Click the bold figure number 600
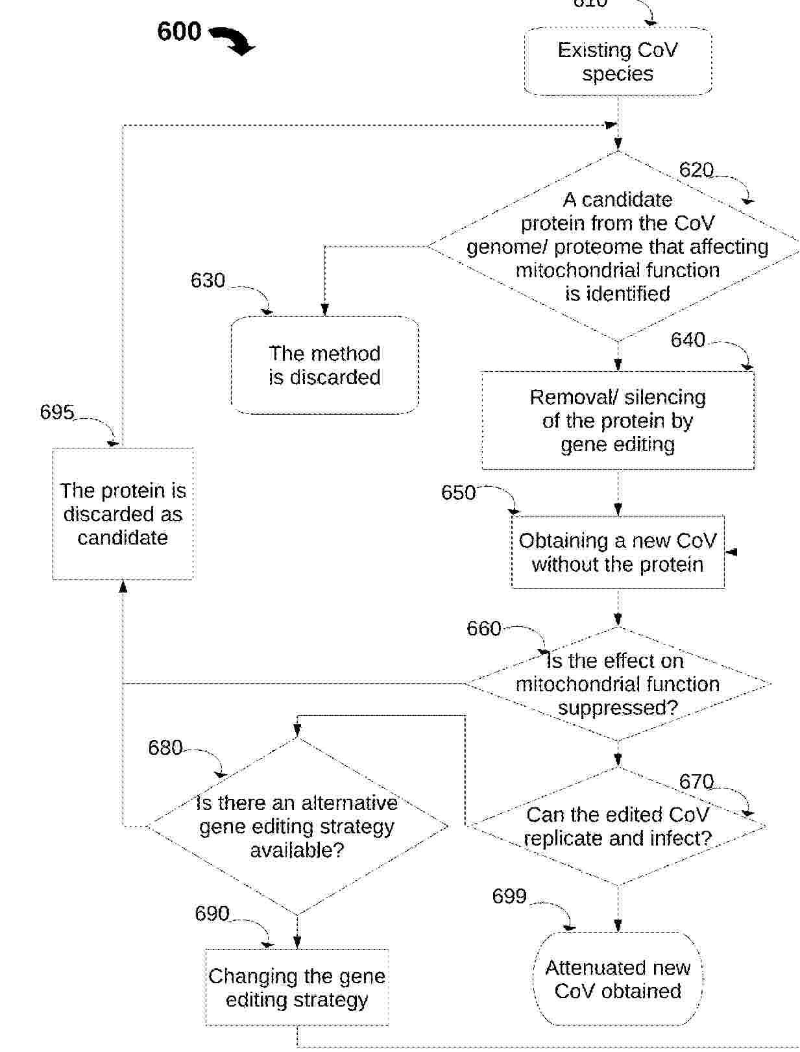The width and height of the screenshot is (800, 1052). pyautogui.click(x=179, y=31)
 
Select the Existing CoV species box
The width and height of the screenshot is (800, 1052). pyautogui.click(x=618, y=62)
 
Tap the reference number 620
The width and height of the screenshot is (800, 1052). pyautogui.click(x=696, y=170)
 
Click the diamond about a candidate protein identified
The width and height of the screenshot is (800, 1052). pyautogui.click(x=618, y=246)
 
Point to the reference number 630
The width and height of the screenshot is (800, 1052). pyautogui.click(x=208, y=280)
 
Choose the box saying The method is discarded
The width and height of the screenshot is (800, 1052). pyautogui.click(x=324, y=365)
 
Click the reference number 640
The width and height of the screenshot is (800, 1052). pyautogui.click(x=688, y=340)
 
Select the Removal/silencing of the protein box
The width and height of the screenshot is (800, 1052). pyautogui.click(x=618, y=421)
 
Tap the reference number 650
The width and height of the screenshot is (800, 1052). pyautogui.click(x=458, y=493)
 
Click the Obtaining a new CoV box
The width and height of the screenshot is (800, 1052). pyautogui.click(x=618, y=552)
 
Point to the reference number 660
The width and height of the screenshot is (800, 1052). pyautogui.click(x=484, y=628)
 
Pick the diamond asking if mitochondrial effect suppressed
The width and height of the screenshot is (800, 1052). pyautogui.click(x=618, y=684)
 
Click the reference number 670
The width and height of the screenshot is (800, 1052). pyautogui.click(x=696, y=782)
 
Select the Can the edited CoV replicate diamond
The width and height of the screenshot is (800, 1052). pyautogui.click(x=618, y=826)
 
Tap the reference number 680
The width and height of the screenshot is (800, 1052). pyautogui.click(x=165, y=748)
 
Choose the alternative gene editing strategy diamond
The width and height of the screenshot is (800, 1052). pyautogui.click(x=297, y=826)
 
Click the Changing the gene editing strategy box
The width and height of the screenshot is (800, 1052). pyautogui.click(x=297, y=987)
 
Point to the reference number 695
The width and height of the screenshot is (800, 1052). pyautogui.click(x=57, y=412)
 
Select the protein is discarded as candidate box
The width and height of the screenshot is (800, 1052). pyautogui.click(x=123, y=513)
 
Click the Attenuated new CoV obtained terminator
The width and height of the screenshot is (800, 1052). pyautogui.click(x=618, y=979)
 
